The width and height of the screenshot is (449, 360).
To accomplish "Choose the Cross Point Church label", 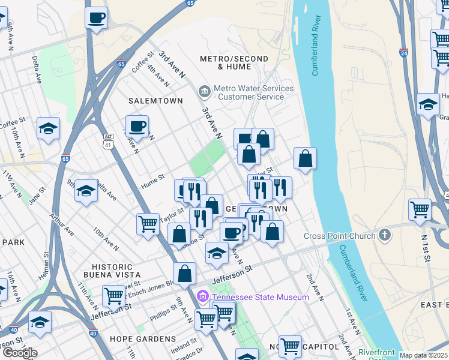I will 340,236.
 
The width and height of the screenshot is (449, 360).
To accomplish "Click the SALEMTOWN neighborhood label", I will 155,101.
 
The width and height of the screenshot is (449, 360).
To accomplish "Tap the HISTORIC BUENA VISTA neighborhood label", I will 112,271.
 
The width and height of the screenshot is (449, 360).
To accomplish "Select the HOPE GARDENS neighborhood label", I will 143,339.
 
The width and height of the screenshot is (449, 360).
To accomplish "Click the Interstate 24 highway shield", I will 403,53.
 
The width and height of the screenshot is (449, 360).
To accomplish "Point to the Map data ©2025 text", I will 423,355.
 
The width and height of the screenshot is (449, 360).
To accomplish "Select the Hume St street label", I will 152,178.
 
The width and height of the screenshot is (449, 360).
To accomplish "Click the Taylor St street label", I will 171,215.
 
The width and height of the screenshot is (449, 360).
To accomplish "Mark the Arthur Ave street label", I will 62,224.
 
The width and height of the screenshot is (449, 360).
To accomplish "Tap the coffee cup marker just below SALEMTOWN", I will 137,126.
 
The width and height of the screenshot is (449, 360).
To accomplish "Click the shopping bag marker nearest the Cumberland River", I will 305,159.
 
